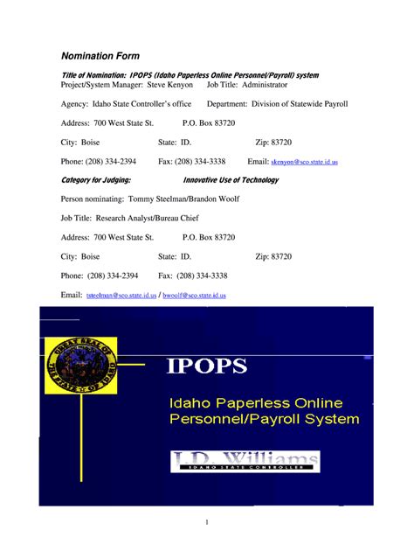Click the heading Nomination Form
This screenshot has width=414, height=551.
pos(99,56)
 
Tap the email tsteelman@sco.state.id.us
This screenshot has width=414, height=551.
pos(121,296)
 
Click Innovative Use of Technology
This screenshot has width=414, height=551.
pos(231,180)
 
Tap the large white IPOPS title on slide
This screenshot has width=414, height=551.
pos(213,365)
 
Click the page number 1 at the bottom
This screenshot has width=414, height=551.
pos(206,522)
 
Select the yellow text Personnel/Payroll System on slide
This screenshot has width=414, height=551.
pos(264,420)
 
